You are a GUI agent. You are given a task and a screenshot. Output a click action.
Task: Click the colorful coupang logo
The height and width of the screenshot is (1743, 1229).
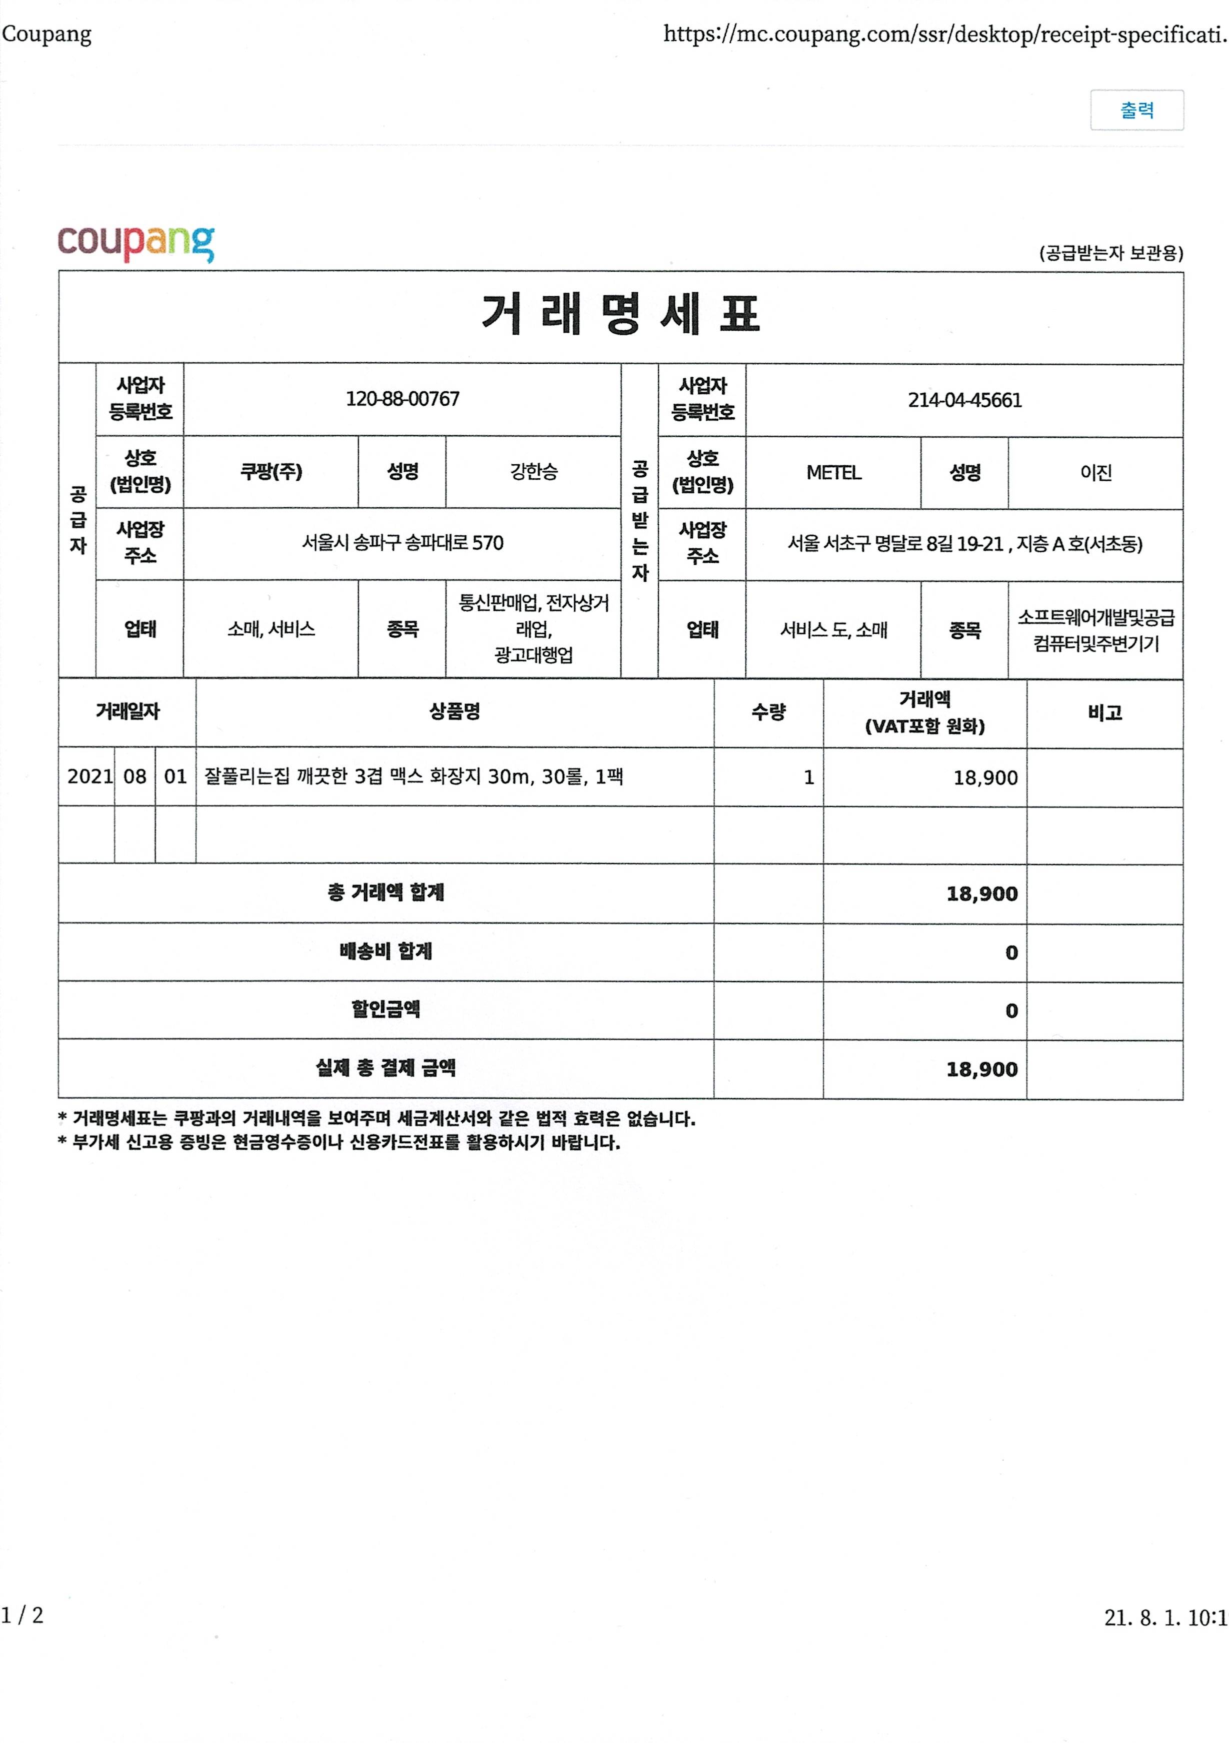(136, 243)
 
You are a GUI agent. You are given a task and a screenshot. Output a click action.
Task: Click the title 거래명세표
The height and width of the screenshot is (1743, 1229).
(620, 314)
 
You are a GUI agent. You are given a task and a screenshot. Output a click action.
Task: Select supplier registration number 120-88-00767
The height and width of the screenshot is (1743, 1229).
(402, 399)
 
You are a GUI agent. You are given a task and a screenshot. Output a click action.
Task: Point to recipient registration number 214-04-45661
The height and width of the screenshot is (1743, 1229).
(964, 400)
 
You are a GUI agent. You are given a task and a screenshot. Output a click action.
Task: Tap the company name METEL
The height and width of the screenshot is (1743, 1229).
(833, 473)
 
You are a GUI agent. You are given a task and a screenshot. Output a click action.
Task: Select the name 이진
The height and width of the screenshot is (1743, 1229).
(1095, 473)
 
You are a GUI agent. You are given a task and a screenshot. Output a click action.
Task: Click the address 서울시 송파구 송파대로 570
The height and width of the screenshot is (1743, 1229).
(402, 543)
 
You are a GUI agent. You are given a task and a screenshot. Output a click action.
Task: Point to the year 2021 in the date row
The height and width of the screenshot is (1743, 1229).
(89, 776)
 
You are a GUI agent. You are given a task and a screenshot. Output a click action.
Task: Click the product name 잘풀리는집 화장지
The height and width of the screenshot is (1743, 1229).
(414, 776)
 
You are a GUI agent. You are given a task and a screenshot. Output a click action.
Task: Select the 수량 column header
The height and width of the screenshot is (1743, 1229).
(768, 712)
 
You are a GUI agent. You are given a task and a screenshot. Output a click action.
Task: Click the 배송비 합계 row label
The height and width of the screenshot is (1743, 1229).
(386, 951)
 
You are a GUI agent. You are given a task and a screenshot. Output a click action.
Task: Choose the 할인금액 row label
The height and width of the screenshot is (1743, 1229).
(386, 1010)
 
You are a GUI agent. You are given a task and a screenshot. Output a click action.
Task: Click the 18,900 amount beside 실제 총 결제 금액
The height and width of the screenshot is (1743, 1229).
(981, 1070)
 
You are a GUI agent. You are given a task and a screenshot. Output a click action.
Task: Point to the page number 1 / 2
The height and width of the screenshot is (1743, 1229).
(23, 1615)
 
